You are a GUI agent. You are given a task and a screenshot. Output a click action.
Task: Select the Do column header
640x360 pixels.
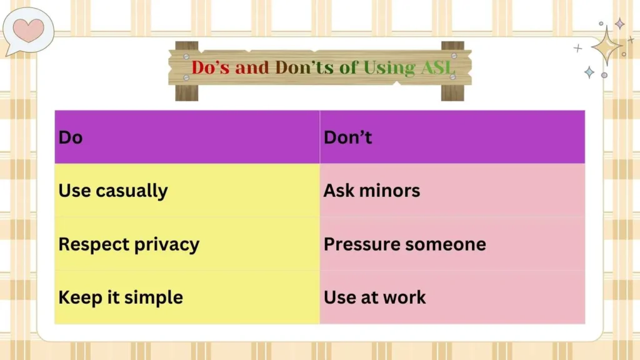coord(71,137)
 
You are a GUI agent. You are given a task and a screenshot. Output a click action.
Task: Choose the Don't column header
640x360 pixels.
coord(348,137)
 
